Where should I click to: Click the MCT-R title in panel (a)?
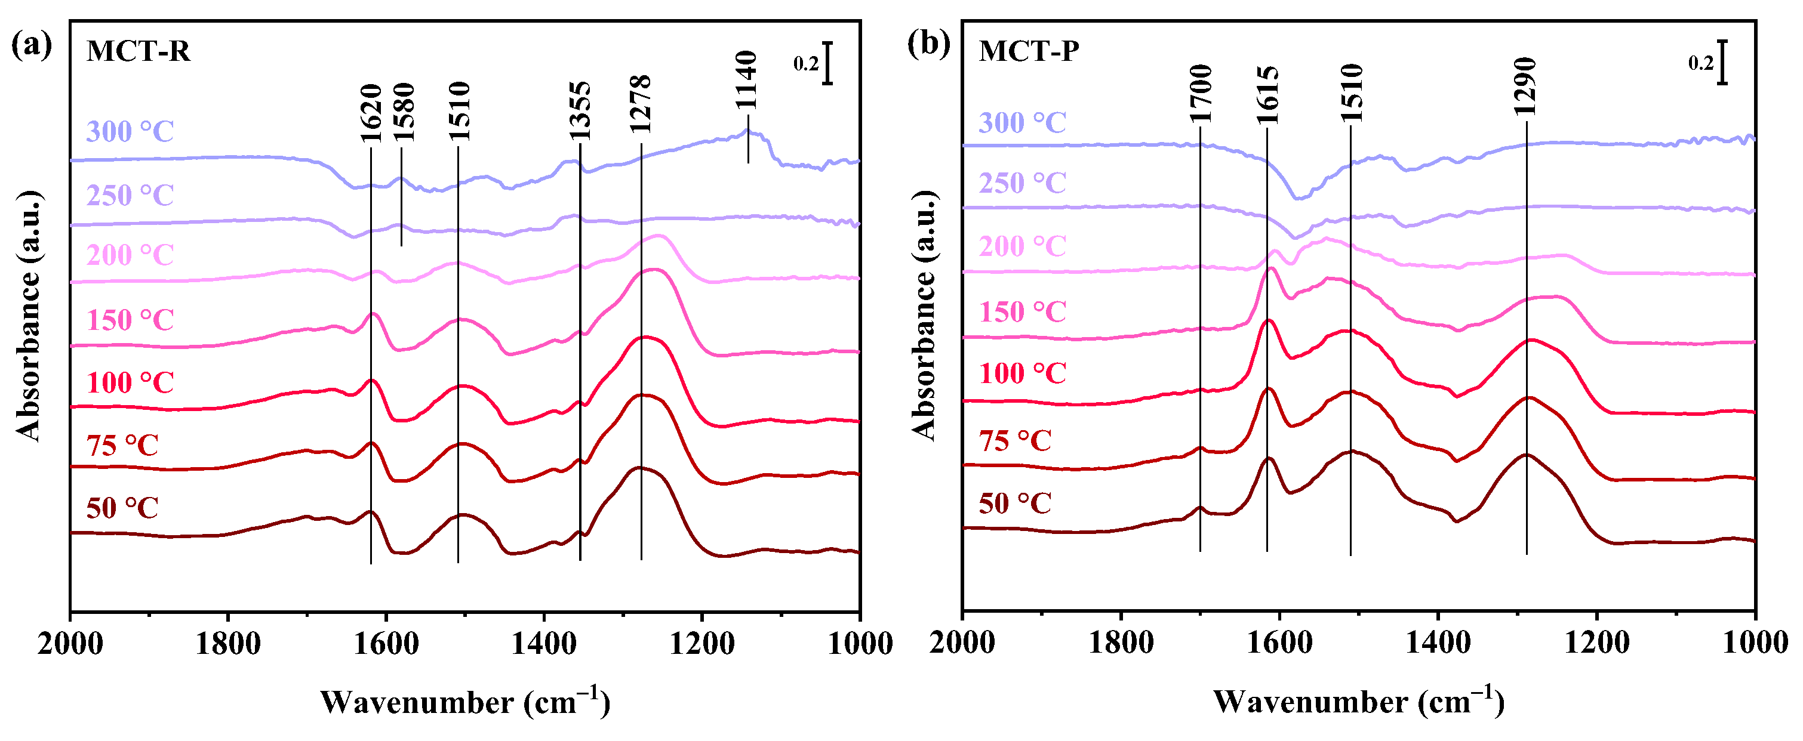[x=138, y=52]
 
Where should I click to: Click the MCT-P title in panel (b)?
[x=1029, y=51]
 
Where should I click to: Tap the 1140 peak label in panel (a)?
[x=747, y=80]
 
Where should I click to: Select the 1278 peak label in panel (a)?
[x=641, y=104]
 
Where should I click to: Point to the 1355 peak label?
[x=580, y=111]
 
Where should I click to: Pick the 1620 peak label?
[x=370, y=113]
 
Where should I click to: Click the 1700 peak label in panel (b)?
[x=1201, y=93]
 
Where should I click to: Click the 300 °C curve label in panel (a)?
[x=130, y=131]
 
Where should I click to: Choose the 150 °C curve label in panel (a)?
[x=130, y=320]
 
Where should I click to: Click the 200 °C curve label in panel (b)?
[x=1022, y=246]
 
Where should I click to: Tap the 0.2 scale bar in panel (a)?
[x=827, y=64]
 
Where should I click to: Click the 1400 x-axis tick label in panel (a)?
[x=544, y=643]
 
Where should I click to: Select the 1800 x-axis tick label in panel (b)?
[x=1121, y=643]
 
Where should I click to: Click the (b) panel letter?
[x=928, y=45]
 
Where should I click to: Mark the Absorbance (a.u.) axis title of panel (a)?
[x=29, y=316]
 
